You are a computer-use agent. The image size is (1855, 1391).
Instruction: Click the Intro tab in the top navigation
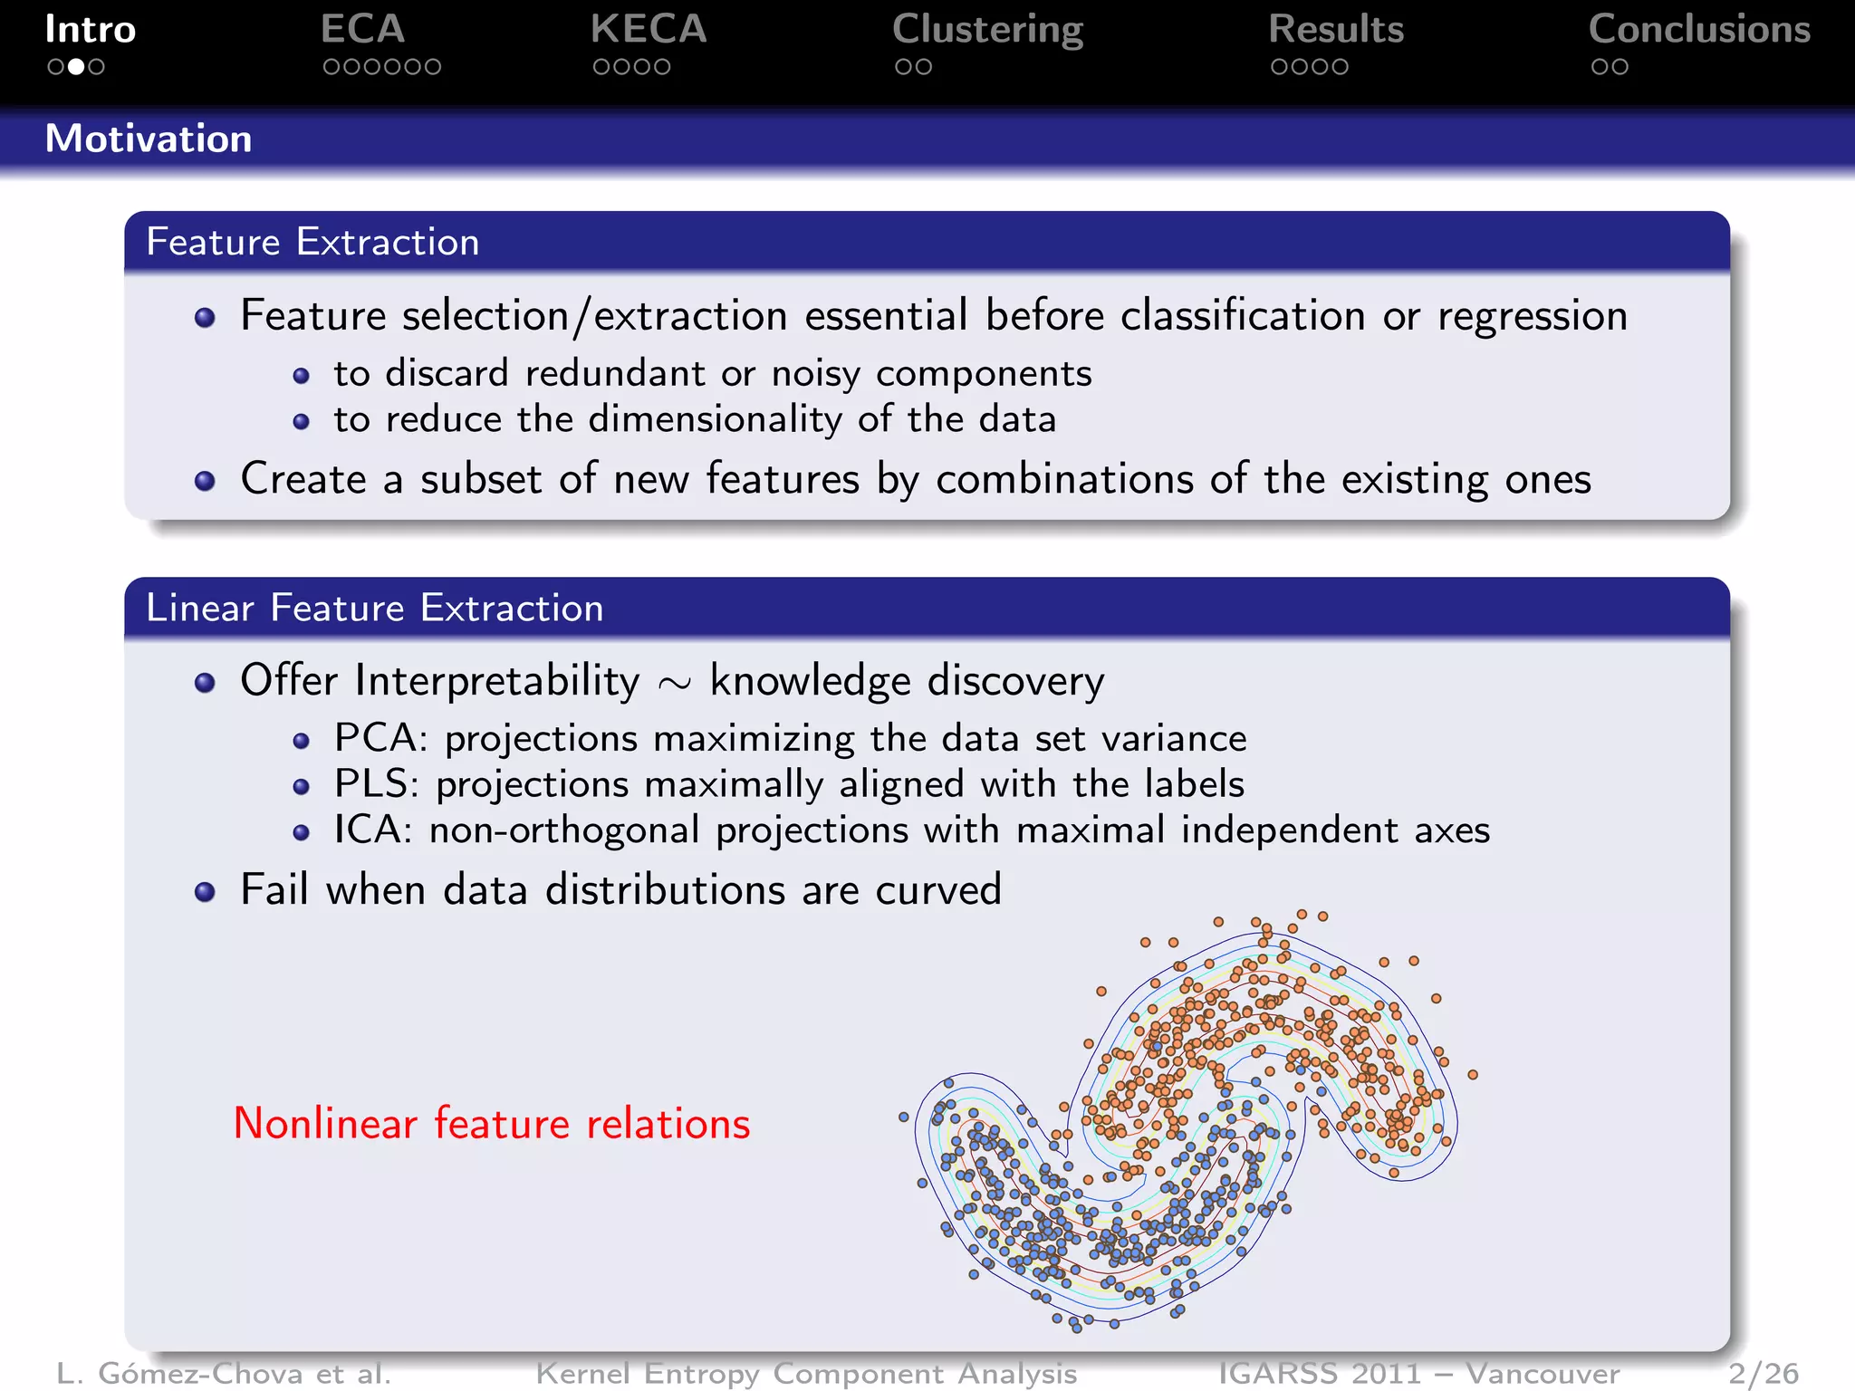(x=90, y=30)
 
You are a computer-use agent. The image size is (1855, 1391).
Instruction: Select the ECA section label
(x=362, y=30)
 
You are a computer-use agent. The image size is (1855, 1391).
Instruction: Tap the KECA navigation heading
(x=648, y=30)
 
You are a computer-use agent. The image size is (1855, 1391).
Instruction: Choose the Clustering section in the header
(x=987, y=30)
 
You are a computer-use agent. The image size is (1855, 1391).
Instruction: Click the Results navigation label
(x=1336, y=30)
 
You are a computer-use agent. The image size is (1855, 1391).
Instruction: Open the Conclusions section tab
(x=1699, y=30)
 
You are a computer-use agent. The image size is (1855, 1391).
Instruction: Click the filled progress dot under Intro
(x=76, y=67)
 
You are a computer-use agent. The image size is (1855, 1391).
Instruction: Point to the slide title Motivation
(x=149, y=139)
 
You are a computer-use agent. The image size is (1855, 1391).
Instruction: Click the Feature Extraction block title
(x=312, y=242)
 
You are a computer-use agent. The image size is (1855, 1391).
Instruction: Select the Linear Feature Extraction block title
(x=374, y=608)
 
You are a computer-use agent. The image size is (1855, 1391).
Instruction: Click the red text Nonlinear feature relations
(x=492, y=1124)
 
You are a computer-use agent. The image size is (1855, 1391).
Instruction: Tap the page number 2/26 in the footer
(x=1763, y=1374)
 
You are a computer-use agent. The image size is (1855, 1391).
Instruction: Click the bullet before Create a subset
(x=205, y=481)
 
